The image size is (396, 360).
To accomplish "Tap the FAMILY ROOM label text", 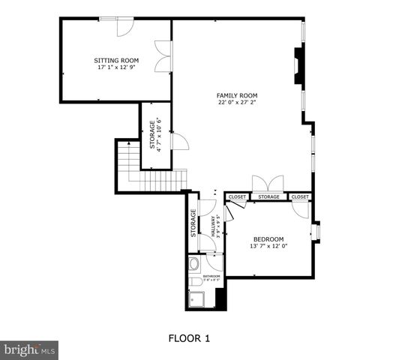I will point(237,95).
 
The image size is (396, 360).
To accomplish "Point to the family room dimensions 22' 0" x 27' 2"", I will point(237,103).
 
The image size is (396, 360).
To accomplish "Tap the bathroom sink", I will point(193,263).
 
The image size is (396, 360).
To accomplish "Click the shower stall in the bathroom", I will point(199,298).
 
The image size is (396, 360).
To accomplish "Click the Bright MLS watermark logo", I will point(29,349).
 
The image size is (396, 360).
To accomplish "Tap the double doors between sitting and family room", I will point(163,57).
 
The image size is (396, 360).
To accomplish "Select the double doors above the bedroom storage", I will point(268,184).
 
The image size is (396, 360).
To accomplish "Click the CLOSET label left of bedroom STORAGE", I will point(238,197).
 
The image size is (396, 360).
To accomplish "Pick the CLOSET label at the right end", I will point(300,197).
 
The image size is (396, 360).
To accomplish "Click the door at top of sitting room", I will point(125,25).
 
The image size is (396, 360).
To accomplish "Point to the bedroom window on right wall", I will point(316,232).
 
